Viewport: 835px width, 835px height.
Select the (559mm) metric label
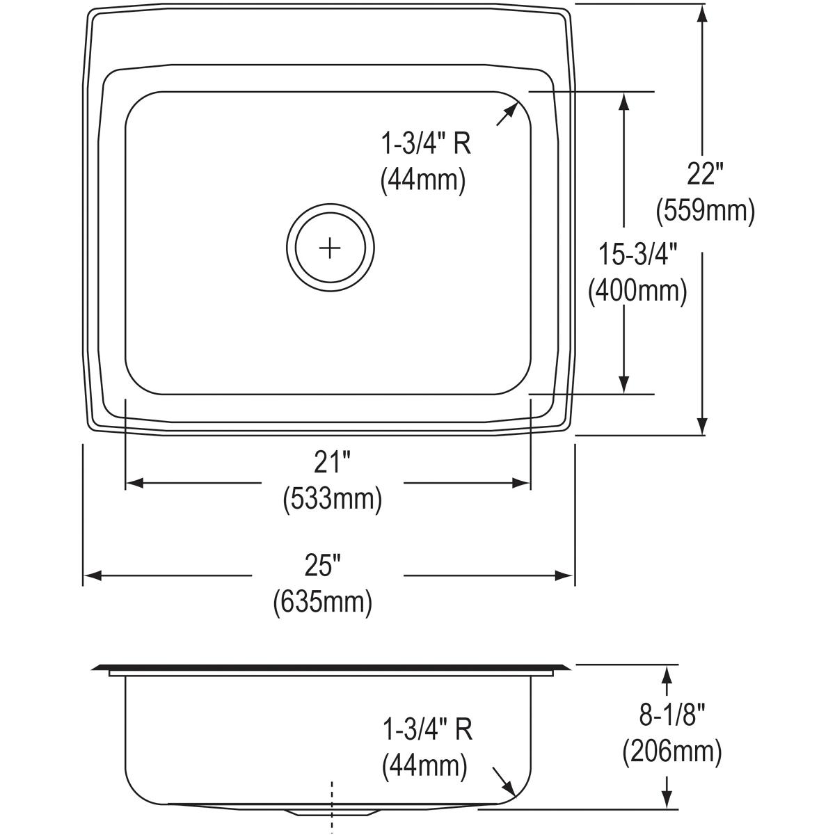705,210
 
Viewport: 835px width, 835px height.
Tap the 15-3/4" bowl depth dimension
638,255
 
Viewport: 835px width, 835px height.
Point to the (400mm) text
637,291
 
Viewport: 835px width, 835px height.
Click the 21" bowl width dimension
332,463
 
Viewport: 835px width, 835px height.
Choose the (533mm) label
332,499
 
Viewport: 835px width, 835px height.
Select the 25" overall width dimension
321,566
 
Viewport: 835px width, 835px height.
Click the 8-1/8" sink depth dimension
671,715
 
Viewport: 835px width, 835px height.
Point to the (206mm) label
671,751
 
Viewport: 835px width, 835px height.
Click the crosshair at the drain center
330,248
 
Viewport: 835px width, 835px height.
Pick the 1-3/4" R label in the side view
427,730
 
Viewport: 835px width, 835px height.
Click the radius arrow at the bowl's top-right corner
507,113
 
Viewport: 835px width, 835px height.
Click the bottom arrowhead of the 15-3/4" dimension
624,383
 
